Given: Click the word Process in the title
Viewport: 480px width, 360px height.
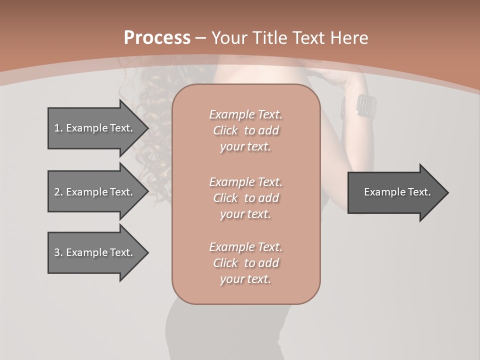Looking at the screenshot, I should (x=157, y=38).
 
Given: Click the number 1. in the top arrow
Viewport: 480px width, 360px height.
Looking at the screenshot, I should (x=58, y=128).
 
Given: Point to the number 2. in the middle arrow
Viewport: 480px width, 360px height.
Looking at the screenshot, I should (x=58, y=192).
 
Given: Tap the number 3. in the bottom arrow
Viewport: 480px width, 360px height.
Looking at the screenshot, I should (x=58, y=252).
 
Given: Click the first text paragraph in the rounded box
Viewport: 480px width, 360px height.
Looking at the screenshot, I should (x=245, y=130).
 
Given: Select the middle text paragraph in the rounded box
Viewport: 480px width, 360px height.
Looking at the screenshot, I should (x=245, y=198).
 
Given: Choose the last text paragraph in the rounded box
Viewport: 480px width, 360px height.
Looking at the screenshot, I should (x=245, y=263).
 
